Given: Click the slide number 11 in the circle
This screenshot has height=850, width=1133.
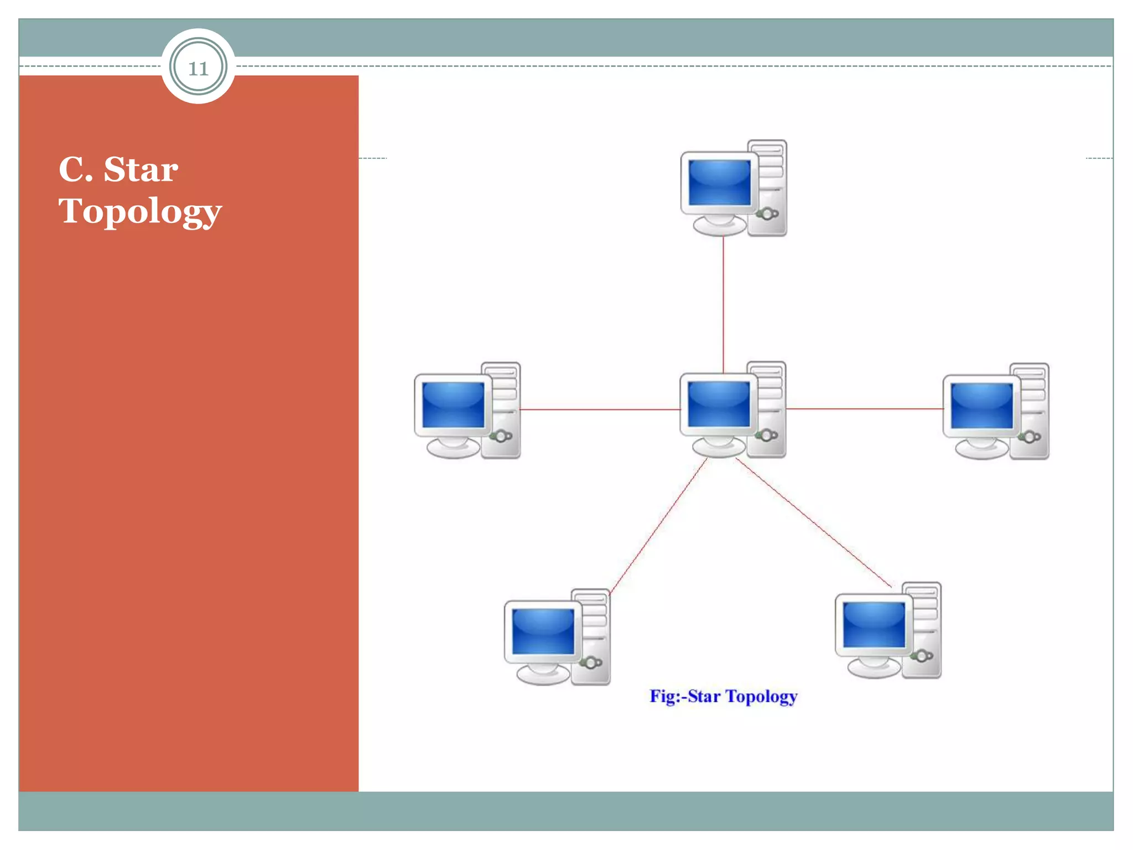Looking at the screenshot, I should (198, 69).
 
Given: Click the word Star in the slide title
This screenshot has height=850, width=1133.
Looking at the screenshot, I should (141, 169).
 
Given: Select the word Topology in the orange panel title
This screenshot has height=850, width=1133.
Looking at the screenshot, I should (140, 212).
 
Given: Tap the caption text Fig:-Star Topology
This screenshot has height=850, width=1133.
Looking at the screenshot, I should (723, 696).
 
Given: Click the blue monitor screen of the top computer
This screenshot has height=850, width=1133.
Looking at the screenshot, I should (719, 183).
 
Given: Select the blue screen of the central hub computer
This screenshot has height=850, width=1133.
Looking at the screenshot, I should (718, 405).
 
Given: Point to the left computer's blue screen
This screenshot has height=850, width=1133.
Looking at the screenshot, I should (453, 405).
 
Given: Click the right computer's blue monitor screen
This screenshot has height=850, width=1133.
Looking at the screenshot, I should (981, 406).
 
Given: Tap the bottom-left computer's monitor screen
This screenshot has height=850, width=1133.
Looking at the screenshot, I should (543, 631).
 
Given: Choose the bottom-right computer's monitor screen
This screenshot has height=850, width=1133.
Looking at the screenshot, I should (874, 625).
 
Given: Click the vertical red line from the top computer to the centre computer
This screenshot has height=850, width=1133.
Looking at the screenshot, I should (723, 304).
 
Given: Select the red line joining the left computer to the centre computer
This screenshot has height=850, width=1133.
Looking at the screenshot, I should (600, 410).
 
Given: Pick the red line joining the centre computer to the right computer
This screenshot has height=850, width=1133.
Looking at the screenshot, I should (864, 409).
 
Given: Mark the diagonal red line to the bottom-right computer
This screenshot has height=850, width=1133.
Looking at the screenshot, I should (813, 523).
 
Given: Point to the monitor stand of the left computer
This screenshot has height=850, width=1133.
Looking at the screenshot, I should (453, 448).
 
